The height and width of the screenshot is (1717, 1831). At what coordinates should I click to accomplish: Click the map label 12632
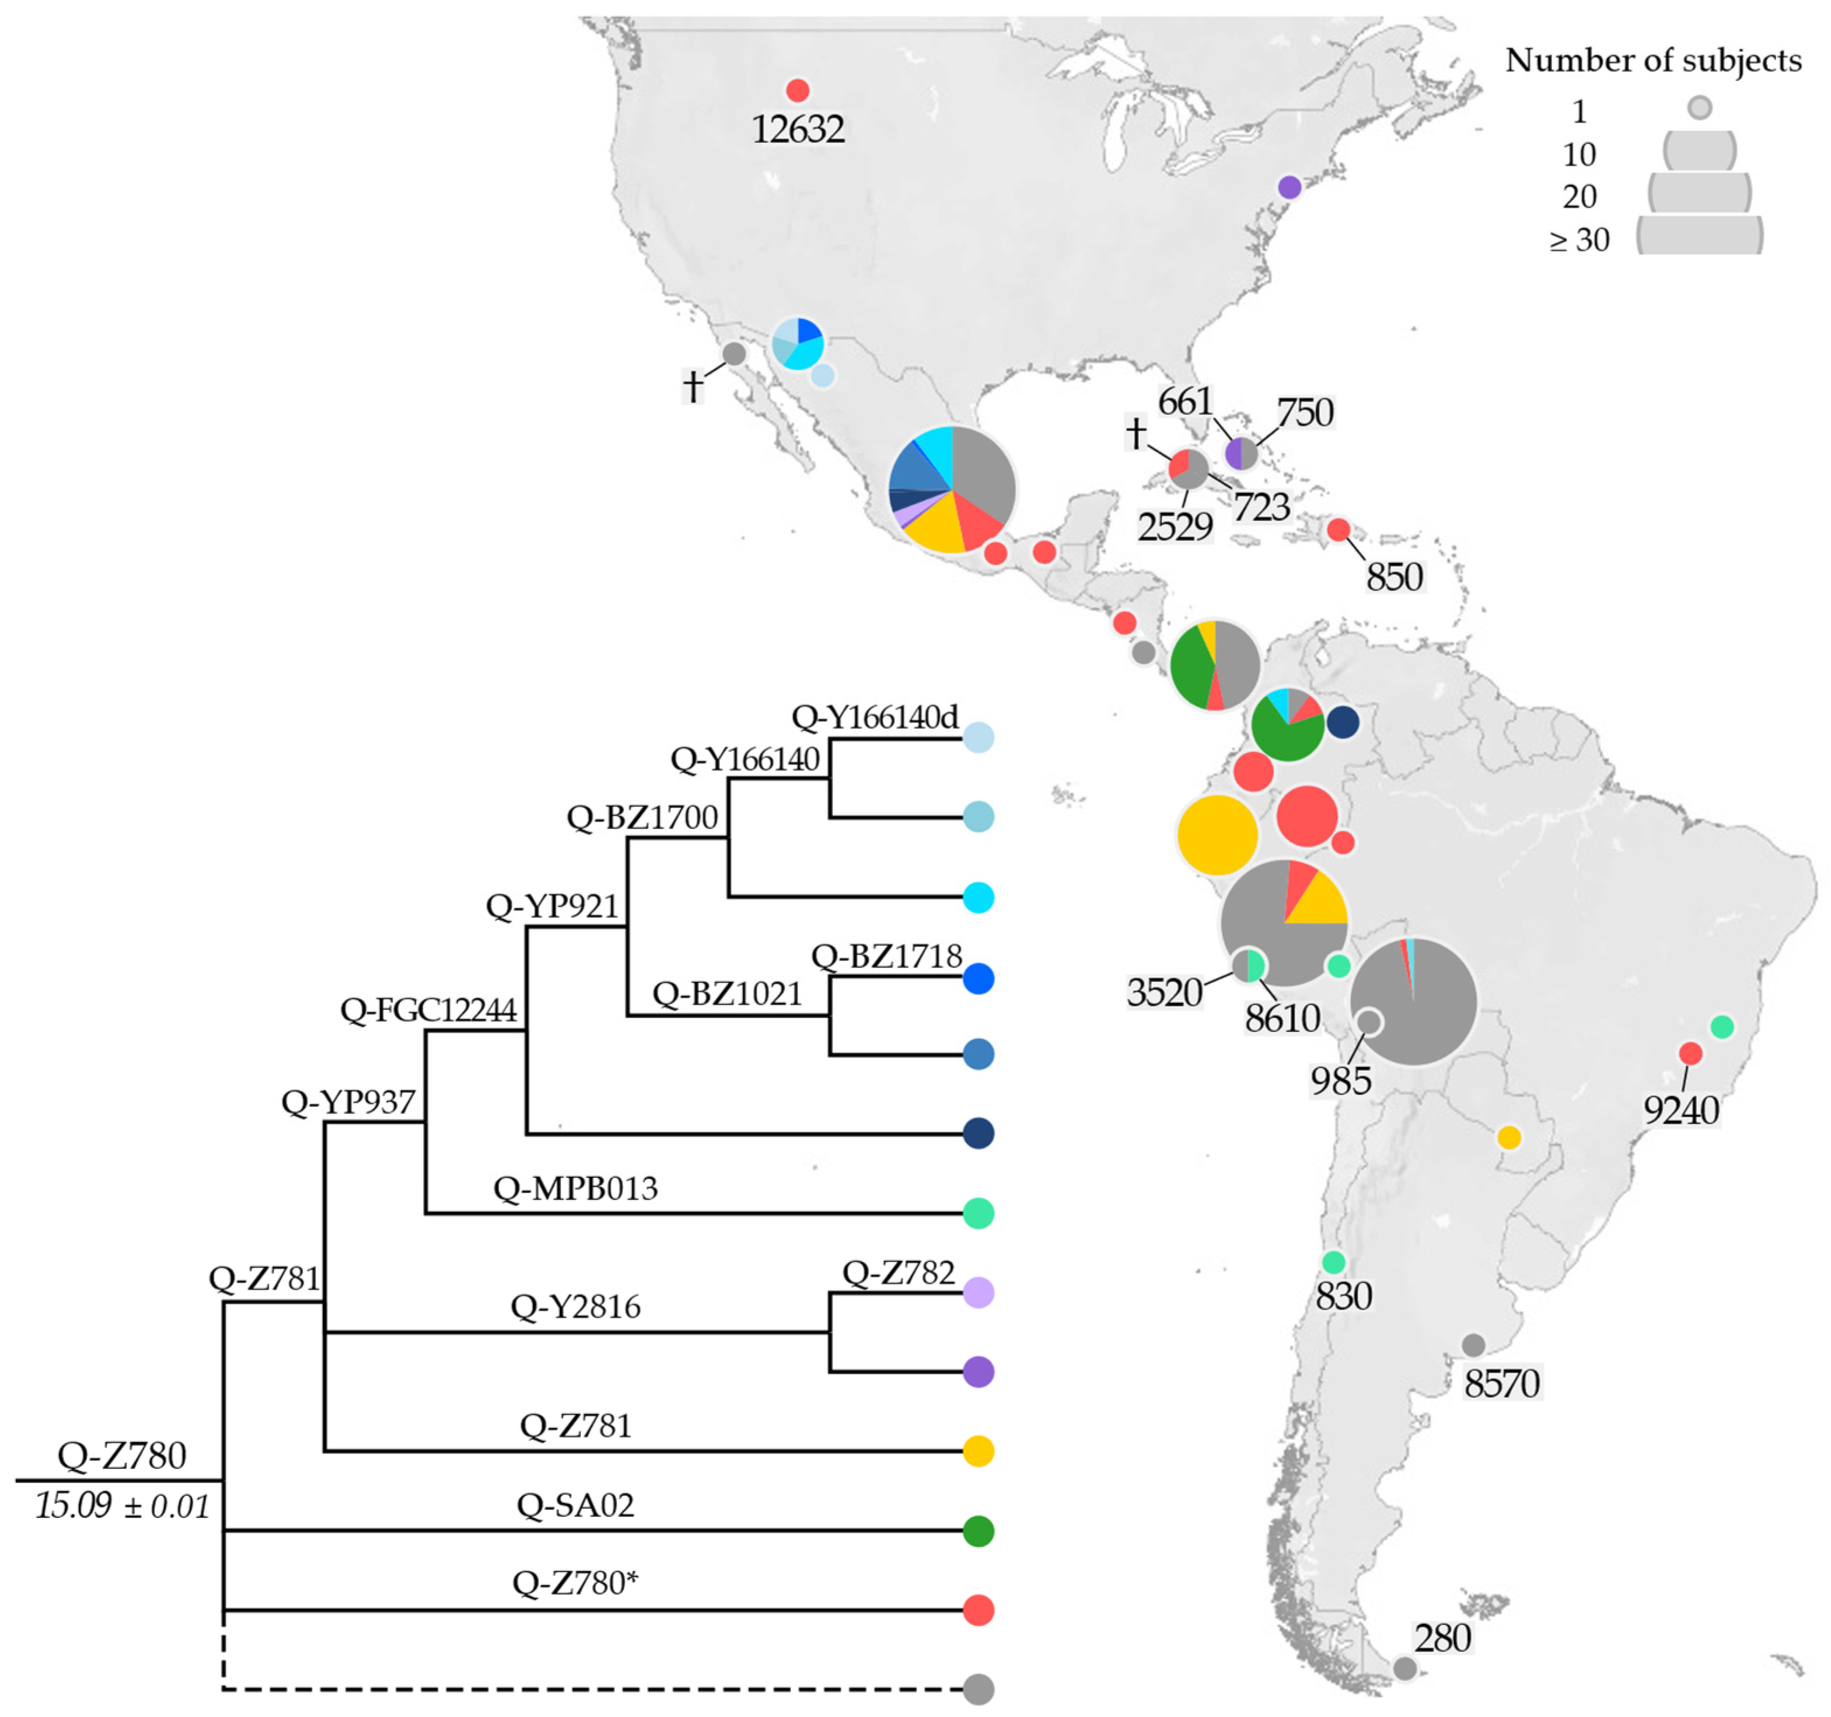pyautogui.click(x=798, y=129)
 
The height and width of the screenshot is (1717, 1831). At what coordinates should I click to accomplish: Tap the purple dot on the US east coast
pyautogui.click(x=1290, y=187)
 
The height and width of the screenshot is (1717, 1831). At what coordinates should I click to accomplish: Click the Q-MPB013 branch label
pyautogui.click(x=576, y=1188)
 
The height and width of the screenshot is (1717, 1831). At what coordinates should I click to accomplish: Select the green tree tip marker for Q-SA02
pyautogui.click(x=978, y=1531)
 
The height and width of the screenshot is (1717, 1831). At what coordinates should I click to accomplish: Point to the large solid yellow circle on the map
pyautogui.click(x=1217, y=835)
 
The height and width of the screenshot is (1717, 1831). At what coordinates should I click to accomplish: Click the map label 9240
pyautogui.click(x=1681, y=1111)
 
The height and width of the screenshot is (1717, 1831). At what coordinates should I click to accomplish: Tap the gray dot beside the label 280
pyautogui.click(x=1404, y=1668)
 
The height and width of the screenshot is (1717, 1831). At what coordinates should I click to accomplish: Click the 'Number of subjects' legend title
pyautogui.click(x=1653, y=61)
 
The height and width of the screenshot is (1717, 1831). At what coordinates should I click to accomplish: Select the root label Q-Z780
pyautogui.click(x=121, y=1456)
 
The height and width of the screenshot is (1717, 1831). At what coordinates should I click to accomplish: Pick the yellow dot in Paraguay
pyautogui.click(x=1509, y=1137)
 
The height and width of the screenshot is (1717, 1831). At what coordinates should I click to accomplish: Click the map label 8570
pyautogui.click(x=1502, y=1384)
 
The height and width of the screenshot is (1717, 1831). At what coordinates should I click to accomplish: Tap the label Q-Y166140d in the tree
pyautogui.click(x=875, y=717)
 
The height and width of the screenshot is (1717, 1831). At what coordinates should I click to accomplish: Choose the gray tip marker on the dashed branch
pyautogui.click(x=978, y=1690)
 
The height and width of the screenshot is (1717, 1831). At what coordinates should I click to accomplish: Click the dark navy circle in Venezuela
pyautogui.click(x=1343, y=722)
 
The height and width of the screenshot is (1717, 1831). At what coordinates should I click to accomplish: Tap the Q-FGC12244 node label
pyautogui.click(x=428, y=1010)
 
